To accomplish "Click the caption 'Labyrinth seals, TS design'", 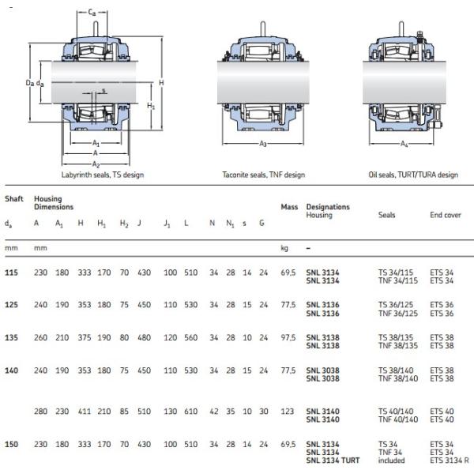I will coord(103,175).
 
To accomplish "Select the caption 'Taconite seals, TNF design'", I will coord(263,175).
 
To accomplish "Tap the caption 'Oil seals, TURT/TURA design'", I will coord(413,175).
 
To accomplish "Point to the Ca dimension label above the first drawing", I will coord(92,13).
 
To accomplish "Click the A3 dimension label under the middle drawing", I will coord(263,145).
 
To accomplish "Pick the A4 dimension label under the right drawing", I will coord(404,145).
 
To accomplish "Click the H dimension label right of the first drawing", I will coord(160,83).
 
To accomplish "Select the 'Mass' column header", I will coord(289,207).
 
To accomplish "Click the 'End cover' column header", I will coord(446,214).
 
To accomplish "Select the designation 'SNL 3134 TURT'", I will coord(333,460).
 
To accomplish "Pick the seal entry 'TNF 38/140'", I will coord(397,378).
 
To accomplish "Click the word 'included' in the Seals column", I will coord(392,460).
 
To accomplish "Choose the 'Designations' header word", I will coord(328,207).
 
